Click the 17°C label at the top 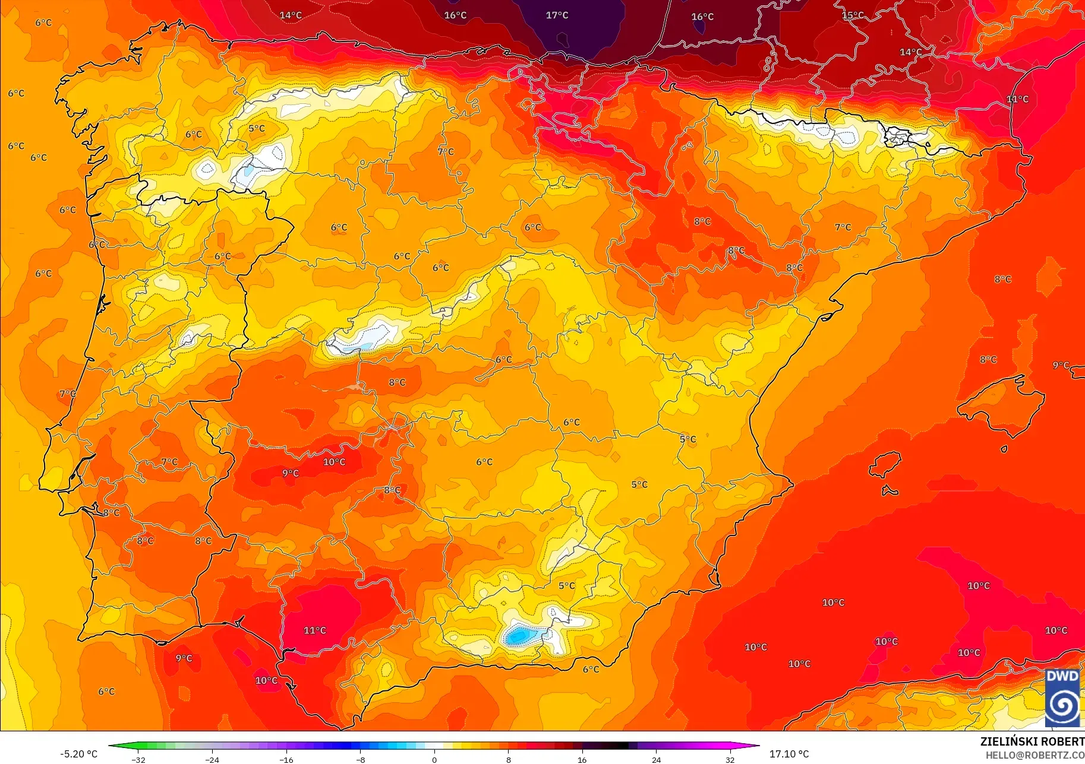(x=557, y=15)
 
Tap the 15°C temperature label (x=853, y=15)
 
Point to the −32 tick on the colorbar (x=138, y=759)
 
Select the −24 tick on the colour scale (x=212, y=759)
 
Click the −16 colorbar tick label (x=286, y=759)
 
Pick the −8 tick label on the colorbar (x=360, y=759)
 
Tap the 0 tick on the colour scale (x=434, y=759)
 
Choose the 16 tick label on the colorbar (x=582, y=759)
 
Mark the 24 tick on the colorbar (x=656, y=759)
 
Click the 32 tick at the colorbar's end (x=730, y=759)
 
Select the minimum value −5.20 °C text (x=78, y=754)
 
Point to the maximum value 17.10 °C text (x=789, y=754)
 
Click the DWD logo (x=1062, y=698)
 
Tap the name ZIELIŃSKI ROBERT (x=1032, y=741)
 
